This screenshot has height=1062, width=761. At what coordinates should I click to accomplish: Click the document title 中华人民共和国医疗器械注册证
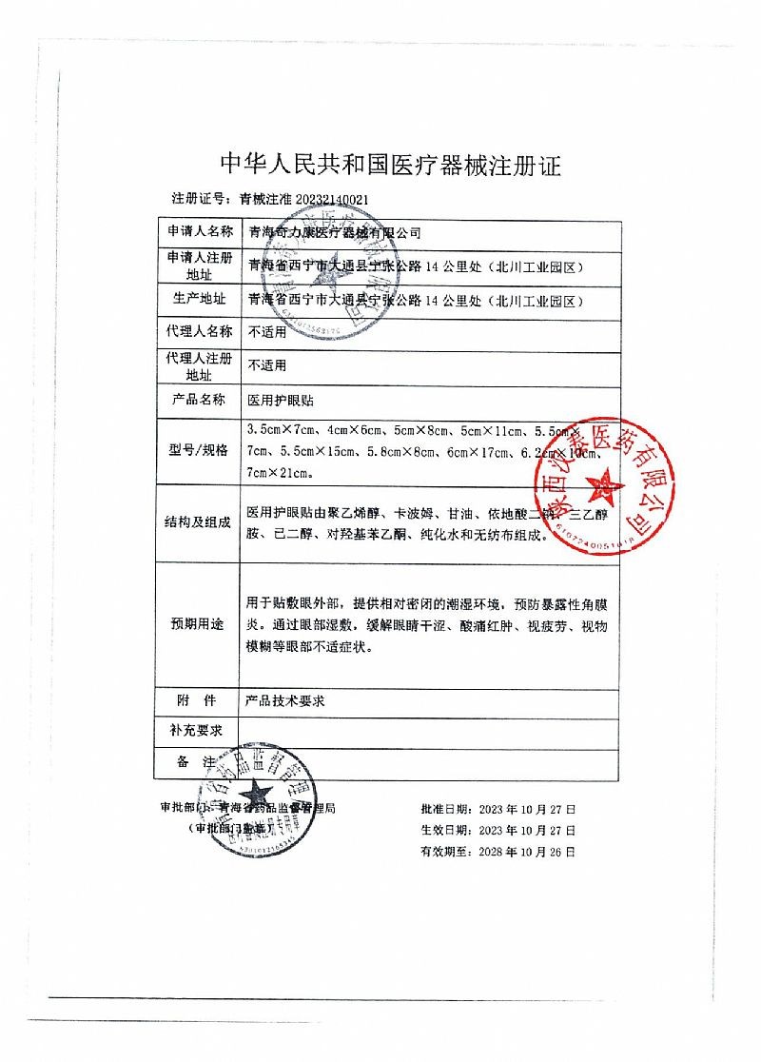click(391, 166)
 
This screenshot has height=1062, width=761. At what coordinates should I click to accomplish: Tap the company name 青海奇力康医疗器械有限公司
click(334, 232)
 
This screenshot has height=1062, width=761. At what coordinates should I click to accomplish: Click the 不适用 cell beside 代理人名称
click(266, 332)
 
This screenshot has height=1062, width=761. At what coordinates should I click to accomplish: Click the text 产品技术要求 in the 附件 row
click(285, 699)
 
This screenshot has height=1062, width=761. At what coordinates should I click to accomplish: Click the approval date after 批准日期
click(525, 809)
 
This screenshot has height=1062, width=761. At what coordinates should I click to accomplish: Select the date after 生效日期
click(525, 831)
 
